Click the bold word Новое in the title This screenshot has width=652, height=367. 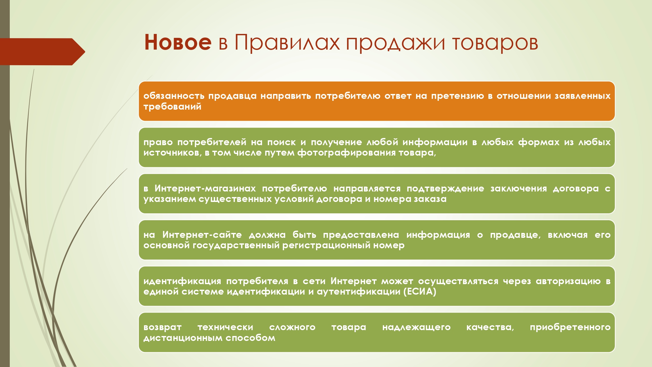(x=178, y=42)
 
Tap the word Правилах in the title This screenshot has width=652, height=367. (x=287, y=42)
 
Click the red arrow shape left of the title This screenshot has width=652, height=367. (x=43, y=52)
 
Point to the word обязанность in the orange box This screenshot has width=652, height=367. (x=174, y=96)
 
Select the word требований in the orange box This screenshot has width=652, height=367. (x=172, y=107)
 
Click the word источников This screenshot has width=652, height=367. (x=173, y=153)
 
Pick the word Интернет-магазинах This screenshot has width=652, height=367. (x=205, y=189)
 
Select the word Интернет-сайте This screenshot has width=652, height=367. (x=202, y=235)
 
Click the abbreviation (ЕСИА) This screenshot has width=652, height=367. (x=420, y=291)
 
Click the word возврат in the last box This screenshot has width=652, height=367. (x=162, y=328)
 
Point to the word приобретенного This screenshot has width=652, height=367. (x=570, y=328)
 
